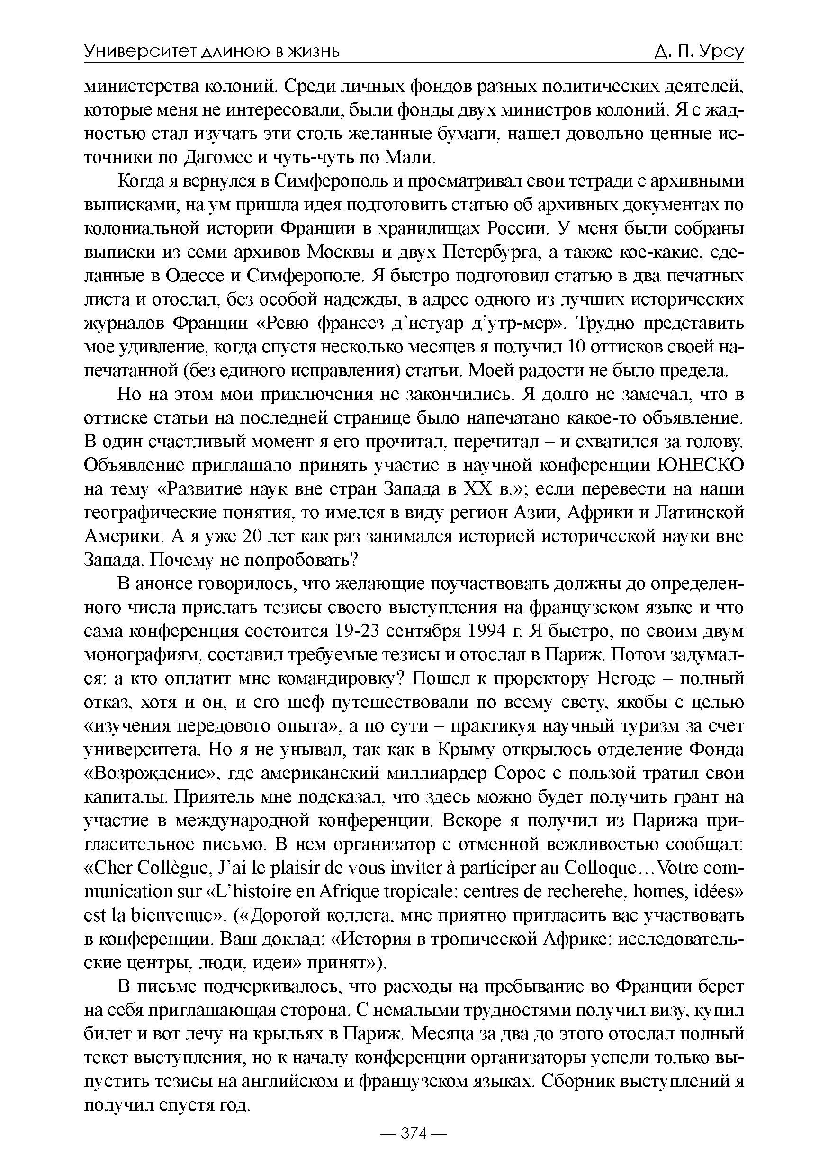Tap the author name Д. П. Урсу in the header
coord(698,51)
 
